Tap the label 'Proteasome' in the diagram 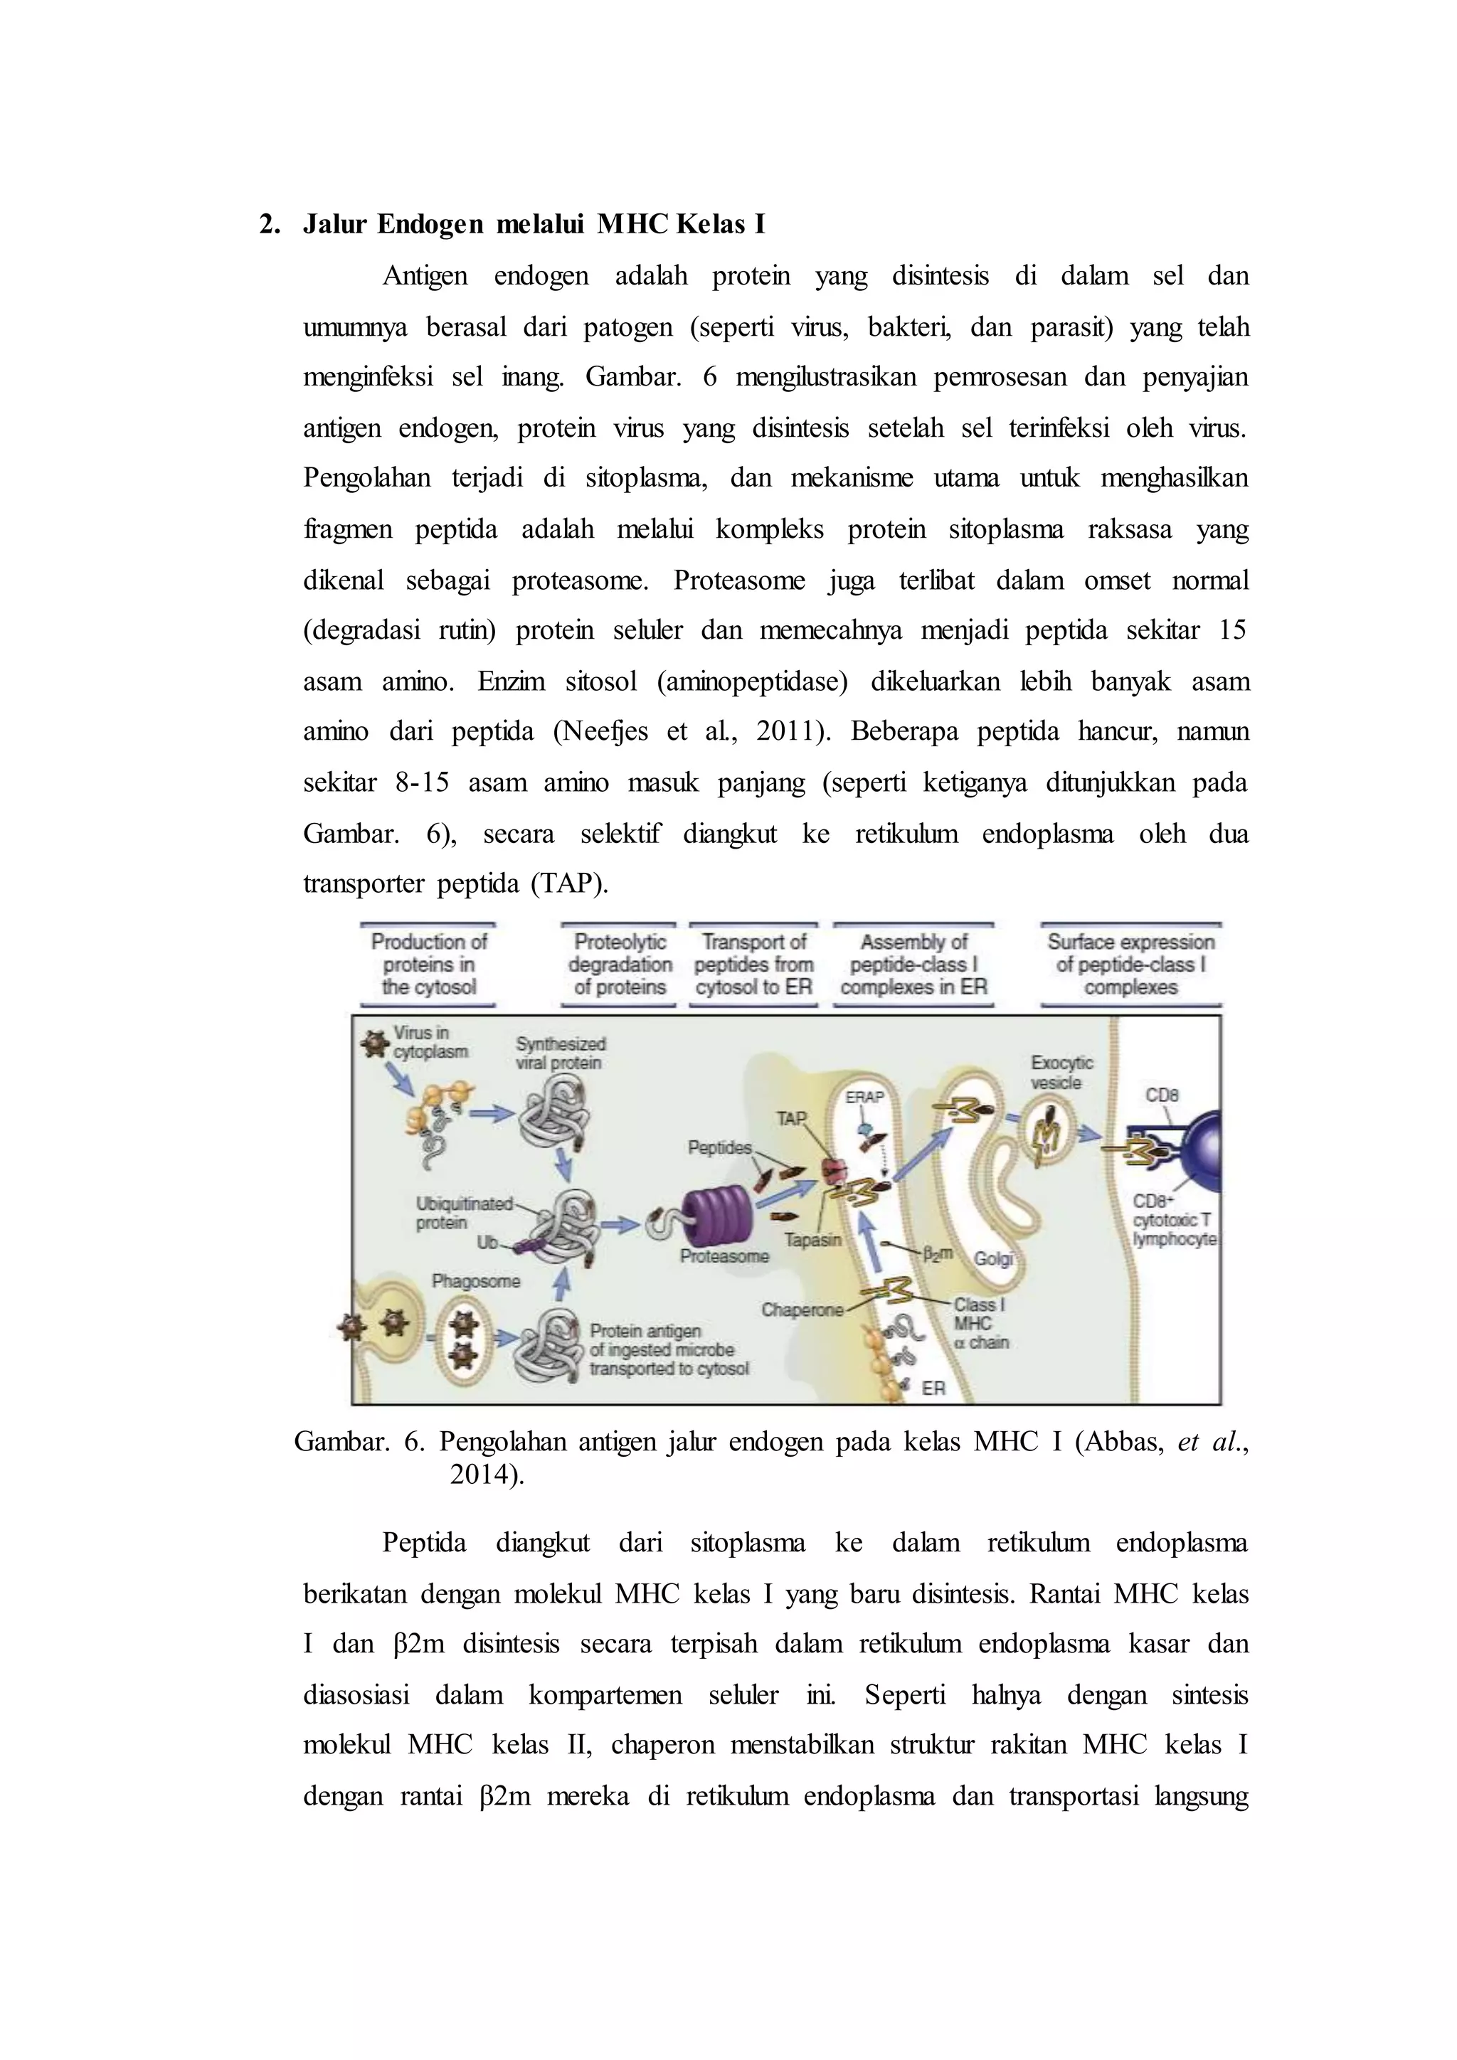(724, 1256)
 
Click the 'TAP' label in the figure (791, 1118)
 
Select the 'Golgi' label (993, 1259)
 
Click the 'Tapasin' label (813, 1240)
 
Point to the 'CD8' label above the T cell (1162, 1095)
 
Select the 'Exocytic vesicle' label (1061, 1072)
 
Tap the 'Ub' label (487, 1243)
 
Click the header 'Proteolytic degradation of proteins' (619, 965)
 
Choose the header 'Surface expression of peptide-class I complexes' (1130, 965)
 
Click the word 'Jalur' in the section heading (334, 224)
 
